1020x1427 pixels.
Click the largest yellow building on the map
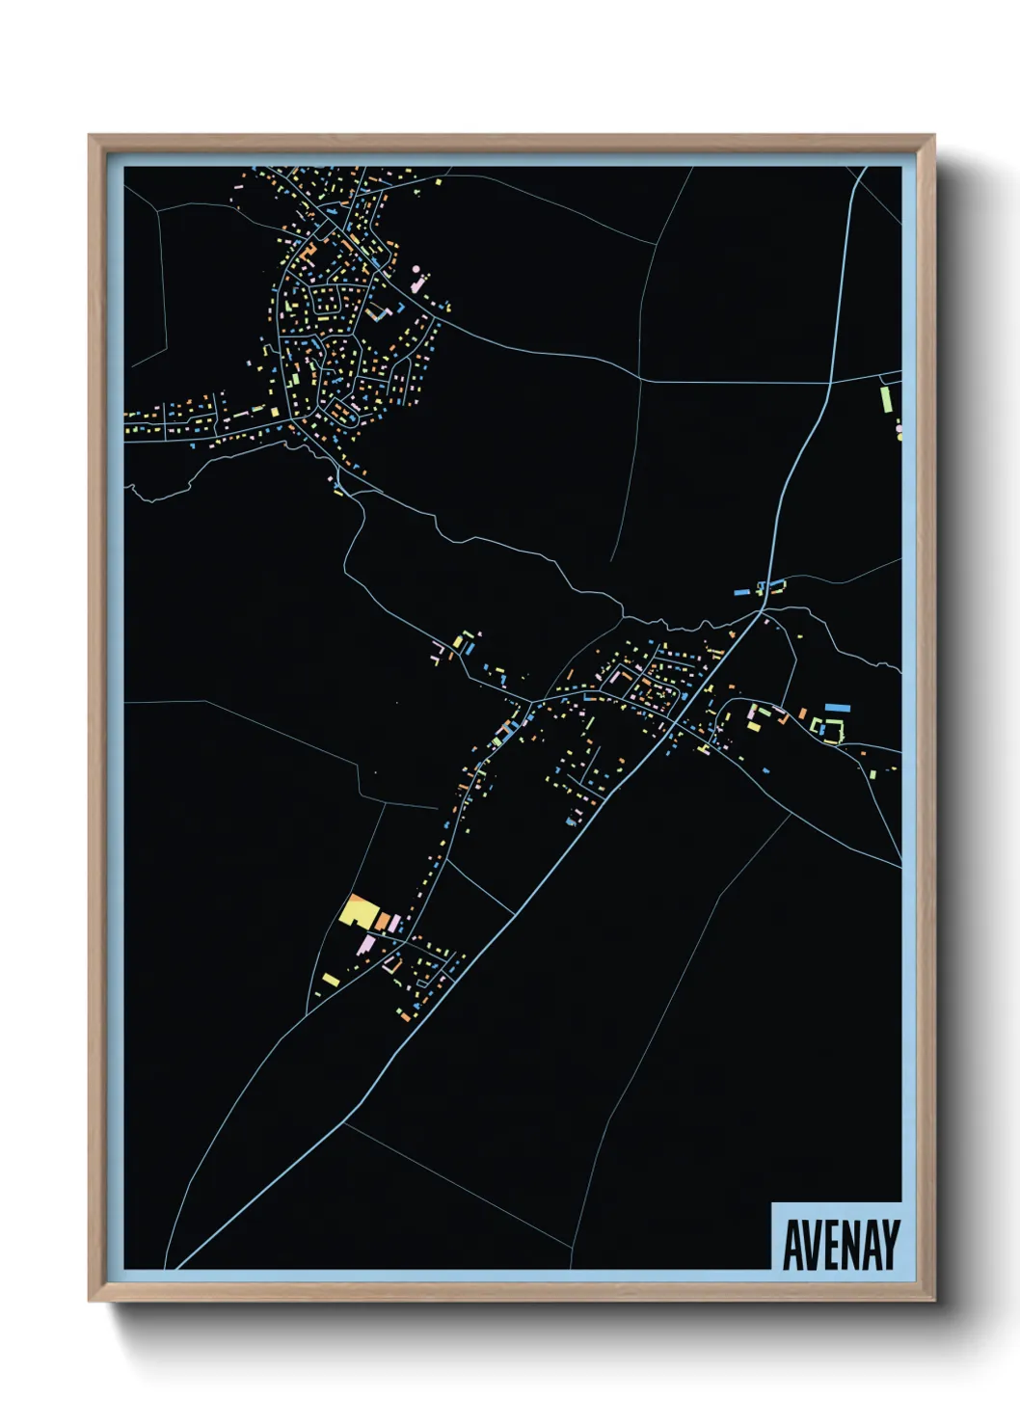pyautogui.click(x=358, y=910)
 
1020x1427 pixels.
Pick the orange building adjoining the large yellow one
pyautogui.click(x=382, y=921)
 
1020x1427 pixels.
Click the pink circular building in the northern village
pyautogui.click(x=416, y=270)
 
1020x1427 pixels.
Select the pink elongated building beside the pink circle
pyautogui.click(x=419, y=284)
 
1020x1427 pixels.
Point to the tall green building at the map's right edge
pyautogui.click(x=885, y=398)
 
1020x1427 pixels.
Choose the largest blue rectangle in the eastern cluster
pyautogui.click(x=837, y=708)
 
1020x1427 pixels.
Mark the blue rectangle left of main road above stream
pyautogui.click(x=742, y=590)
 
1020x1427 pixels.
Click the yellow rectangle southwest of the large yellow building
pyautogui.click(x=331, y=980)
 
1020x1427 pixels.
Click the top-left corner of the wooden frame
pyautogui.click(x=90, y=136)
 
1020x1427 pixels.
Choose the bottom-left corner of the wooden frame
pyautogui.click(x=90, y=1301)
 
